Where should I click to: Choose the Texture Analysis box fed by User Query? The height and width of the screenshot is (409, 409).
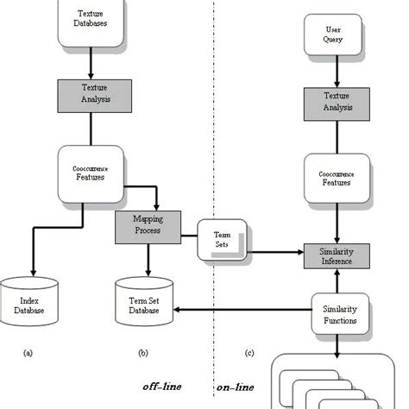pyautogui.click(x=336, y=103)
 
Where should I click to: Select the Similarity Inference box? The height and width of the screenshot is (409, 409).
pyautogui.click(x=337, y=255)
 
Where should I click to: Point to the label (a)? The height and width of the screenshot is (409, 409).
pyautogui.click(x=28, y=352)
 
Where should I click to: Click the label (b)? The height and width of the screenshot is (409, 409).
pyautogui.click(x=143, y=352)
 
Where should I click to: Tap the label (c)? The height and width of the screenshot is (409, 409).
pyautogui.click(x=249, y=352)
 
